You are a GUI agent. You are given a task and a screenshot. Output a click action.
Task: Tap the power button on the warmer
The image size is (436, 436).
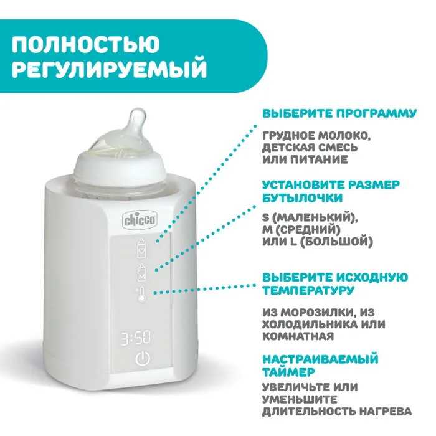pos(143,358)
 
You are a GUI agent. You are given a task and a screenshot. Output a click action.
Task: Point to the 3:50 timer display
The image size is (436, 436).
pos(136,338)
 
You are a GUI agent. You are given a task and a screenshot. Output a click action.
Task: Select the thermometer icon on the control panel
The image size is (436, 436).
pos(141,295)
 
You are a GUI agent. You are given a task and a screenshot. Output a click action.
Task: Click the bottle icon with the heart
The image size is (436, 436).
pos(141,248)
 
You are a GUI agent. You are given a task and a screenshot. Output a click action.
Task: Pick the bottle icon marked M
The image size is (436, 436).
pos(142,272)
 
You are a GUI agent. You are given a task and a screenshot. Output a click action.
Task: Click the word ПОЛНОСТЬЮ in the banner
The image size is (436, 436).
pos(86,44)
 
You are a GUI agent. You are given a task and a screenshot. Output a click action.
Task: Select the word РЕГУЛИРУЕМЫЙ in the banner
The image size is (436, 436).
pos(109,69)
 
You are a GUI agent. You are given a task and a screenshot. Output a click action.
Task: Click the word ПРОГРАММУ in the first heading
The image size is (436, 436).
pos(377,113)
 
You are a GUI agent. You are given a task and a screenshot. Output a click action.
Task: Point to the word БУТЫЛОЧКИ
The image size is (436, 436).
pos(303,198)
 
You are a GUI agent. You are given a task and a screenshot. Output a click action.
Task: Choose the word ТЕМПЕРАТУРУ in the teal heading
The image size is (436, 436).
pos(309,290)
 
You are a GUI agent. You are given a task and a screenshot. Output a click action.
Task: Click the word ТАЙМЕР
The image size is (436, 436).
pos(288,372)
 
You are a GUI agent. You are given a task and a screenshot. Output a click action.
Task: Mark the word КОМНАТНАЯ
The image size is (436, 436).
pos(298,336)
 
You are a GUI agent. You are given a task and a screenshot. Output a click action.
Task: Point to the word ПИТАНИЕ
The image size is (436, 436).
pos(319,159)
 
